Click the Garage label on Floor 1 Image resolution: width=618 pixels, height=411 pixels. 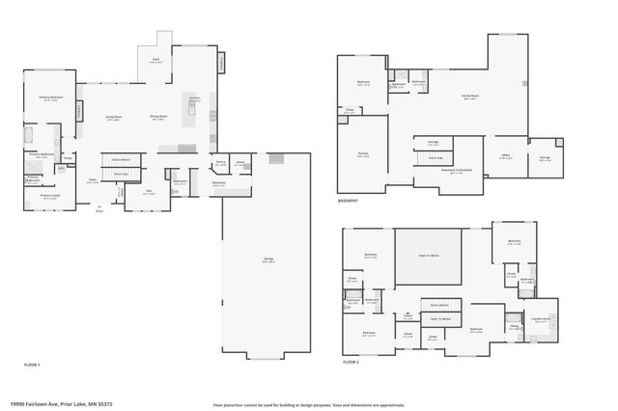[267, 260]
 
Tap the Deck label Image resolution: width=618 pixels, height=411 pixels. [155, 61]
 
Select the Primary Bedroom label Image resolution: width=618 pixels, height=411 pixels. [51, 98]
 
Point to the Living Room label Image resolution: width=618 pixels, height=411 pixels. [113, 119]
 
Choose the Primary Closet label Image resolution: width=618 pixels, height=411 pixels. [49, 196]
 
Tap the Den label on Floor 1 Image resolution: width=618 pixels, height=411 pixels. [148, 192]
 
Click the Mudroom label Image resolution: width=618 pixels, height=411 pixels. [219, 182]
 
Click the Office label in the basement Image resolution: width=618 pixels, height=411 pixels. [505, 155]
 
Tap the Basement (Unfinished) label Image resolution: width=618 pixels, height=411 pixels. [452, 173]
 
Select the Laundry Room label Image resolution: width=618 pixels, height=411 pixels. [541, 318]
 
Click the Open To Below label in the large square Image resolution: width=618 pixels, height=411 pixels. [429, 256]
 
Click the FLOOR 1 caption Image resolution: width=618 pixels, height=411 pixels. [33, 365]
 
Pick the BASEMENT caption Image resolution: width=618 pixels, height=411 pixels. [349, 201]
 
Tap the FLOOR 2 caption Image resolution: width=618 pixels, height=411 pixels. [351, 362]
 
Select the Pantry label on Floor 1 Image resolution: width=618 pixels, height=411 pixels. [220, 163]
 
